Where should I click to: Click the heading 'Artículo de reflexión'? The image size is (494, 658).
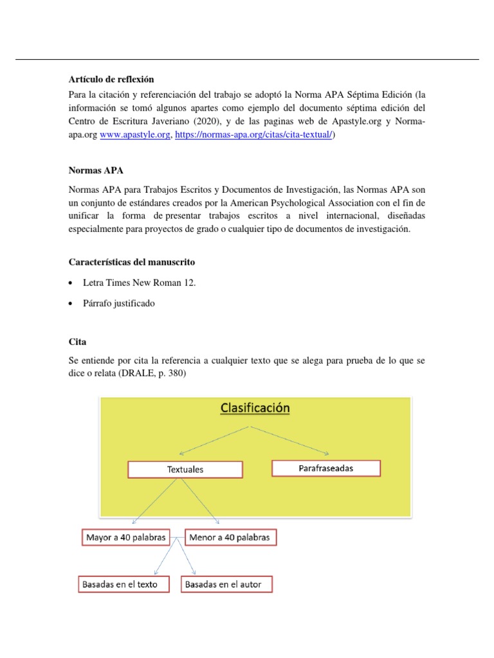111,80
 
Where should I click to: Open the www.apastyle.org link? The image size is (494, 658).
134,136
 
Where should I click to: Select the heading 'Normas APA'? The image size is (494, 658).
96,171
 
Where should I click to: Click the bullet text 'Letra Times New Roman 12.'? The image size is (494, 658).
139,283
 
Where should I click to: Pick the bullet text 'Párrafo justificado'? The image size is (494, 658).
119,303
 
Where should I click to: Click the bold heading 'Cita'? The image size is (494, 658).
77,342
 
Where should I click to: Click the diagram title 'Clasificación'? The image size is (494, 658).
255,408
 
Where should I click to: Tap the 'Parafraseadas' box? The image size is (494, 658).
326,468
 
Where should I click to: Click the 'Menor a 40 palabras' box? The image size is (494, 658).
231,537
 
